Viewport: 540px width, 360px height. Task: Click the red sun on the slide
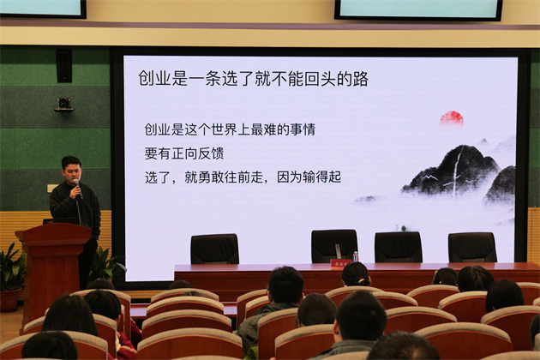(452, 117)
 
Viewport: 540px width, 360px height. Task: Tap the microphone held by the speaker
(78, 188)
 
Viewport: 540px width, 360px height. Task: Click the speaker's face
(72, 171)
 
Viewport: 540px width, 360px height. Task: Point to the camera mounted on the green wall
(64, 105)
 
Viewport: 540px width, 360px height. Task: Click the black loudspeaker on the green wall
(64, 66)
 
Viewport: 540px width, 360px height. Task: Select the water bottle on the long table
(355, 256)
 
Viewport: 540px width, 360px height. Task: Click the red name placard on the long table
(340, 263)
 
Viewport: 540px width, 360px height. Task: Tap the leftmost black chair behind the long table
(214, 249)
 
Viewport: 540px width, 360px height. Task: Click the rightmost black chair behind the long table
(472, 248)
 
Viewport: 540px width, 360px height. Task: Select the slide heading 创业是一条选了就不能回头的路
(253, 79)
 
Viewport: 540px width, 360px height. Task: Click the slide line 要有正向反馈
(184, 153)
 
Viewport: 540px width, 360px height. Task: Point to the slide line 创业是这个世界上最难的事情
(230, 129)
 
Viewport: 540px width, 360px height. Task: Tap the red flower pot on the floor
(9, 300)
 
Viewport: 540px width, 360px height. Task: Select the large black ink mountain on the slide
(451, 171)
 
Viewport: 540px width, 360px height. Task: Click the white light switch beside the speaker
(51, 188)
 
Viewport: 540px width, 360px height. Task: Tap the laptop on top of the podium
(59, 221)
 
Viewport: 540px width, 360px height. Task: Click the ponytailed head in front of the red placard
(356, 274)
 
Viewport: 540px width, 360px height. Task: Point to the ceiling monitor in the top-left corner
(42, 9)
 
